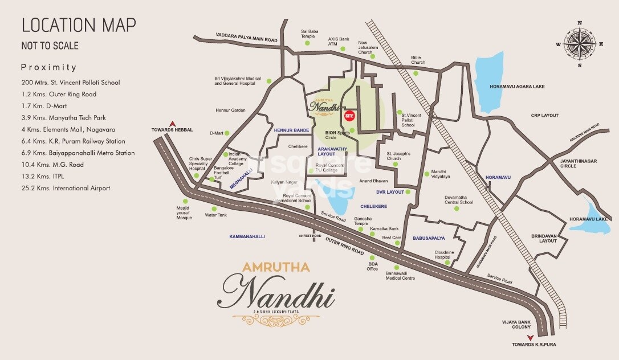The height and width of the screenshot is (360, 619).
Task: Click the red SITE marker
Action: click(350, 116)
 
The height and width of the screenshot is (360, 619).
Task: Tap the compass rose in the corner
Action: click(579, 44)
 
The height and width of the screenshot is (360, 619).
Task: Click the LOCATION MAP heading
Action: click(79, 25)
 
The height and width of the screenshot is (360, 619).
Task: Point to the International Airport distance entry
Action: click(66, 188)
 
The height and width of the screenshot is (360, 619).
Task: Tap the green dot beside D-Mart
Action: click(227, 133)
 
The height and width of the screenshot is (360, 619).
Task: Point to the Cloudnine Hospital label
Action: click(446, 255)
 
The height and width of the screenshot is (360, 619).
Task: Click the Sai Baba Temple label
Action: click(308, 34)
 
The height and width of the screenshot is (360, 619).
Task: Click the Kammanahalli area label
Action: click(247, 236)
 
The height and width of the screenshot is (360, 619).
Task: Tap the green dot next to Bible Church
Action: click(416, 73)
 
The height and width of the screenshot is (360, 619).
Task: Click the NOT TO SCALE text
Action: click(50, 46)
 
